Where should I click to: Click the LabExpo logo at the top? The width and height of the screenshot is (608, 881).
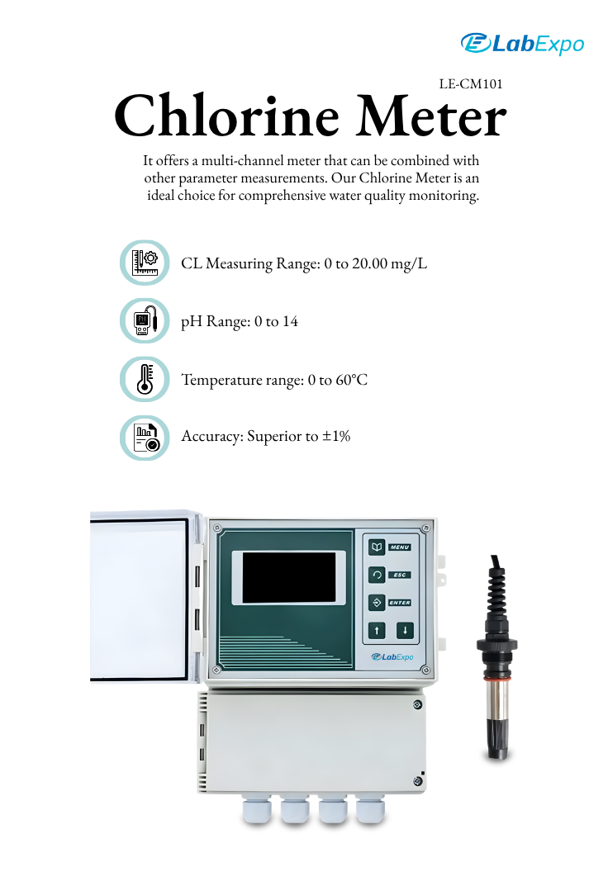point(522,44)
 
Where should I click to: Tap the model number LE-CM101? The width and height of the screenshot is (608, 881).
point(471,84)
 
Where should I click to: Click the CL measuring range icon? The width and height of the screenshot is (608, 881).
point(145,263)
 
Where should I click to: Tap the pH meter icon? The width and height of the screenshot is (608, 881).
point(145,321)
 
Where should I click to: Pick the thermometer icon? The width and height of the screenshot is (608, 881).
point(145,379)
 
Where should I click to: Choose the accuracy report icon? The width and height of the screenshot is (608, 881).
point(145,438)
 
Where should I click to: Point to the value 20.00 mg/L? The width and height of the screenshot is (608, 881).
point(389,264)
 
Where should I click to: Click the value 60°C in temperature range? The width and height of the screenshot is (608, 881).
point(352,381)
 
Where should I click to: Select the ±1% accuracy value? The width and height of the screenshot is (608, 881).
point(336,437)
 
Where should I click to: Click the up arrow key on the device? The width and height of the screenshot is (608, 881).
point(377,631)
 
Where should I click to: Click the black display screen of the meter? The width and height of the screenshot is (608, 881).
point(289,578)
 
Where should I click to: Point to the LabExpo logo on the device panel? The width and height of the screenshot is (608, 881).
point(392,656)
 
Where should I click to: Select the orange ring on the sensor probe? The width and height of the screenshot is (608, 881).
point(497,679)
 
